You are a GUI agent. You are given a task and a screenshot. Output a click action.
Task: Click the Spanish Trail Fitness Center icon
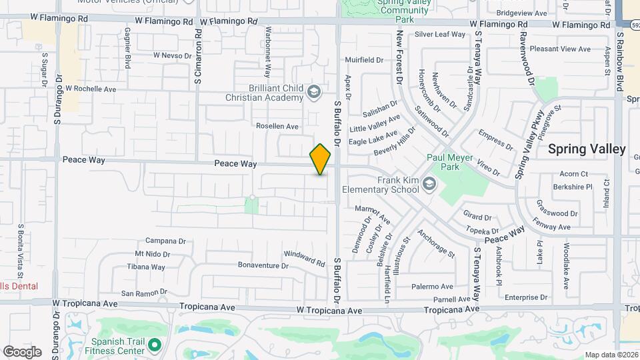coord(155,345)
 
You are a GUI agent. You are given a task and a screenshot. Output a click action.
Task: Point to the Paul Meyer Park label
coord(443,163)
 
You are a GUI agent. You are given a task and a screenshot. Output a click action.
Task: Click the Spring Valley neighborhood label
coord(587,149)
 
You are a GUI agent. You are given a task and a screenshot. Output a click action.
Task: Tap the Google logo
coord(22,351)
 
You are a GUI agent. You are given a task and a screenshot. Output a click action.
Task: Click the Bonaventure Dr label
coord(263,265)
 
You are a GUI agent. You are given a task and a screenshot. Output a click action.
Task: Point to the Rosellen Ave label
coord(277,126)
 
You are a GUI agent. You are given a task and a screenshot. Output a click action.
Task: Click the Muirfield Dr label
coord(364,60)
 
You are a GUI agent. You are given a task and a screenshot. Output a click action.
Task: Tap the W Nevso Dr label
coord(172,55)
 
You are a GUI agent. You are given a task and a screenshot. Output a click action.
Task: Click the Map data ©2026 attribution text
coord(611,355)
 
